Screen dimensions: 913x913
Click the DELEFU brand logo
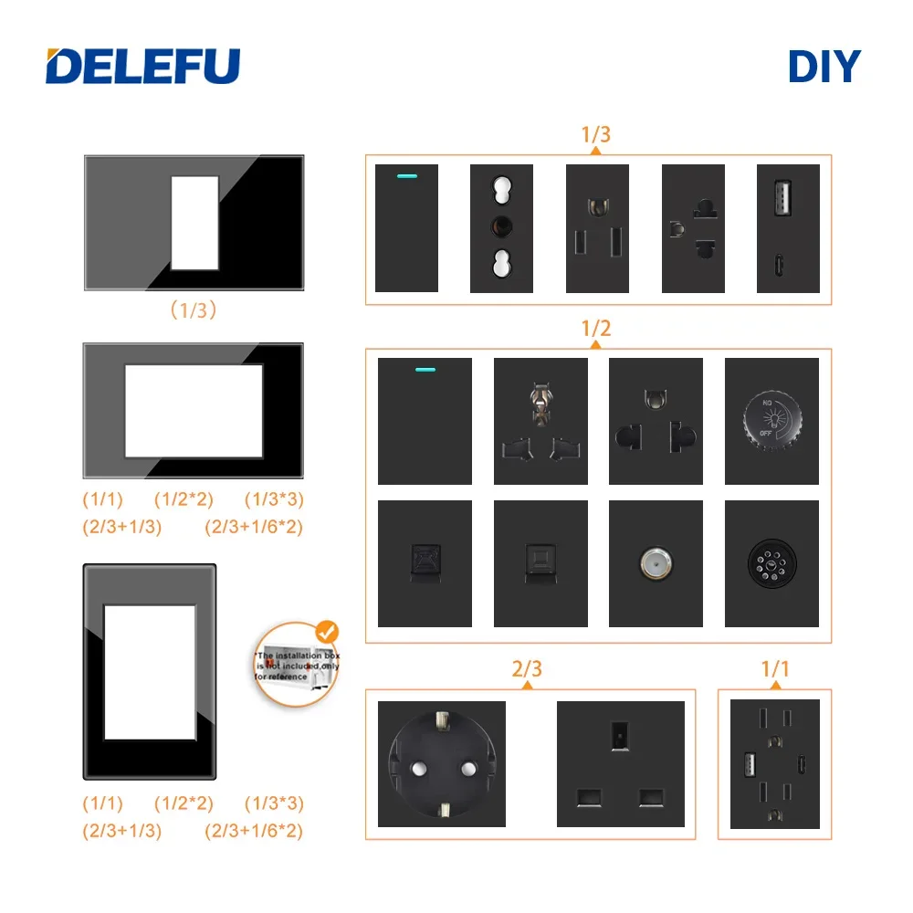pyautogui.click(x=142, y=66)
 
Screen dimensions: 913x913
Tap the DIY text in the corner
pyautogui.click(x=824, y=67)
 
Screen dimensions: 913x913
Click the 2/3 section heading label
pyautogui.click(x=527, y=669)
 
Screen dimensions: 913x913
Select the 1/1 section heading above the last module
pyautogui.click(x=774, y=669)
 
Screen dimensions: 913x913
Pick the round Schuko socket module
pyautogui.click(x=441, y=764)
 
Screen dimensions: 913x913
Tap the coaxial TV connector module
pyautogui.click(x=656, y=563)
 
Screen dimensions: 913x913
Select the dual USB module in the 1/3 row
pyautogui.click(x=788, y=228)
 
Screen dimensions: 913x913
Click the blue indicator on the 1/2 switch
pyautogui.click(x=425, y=371)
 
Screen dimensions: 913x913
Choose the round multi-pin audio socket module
pyautogui.click(x=771, y=563)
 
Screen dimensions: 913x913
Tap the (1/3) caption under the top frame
pyautogui.click(x=194, y=310)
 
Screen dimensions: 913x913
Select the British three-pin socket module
pyautogui.click(x=620, y=764)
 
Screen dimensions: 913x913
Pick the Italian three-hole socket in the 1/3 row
pyautogui.click(x=500, y=228)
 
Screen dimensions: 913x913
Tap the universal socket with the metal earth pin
pyautogui.click(x=540, y=421)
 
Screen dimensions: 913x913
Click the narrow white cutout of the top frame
pyautogui.click(x=194, y=223)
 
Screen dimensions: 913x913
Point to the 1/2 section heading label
pyautogui.click(x=596, y=328)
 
